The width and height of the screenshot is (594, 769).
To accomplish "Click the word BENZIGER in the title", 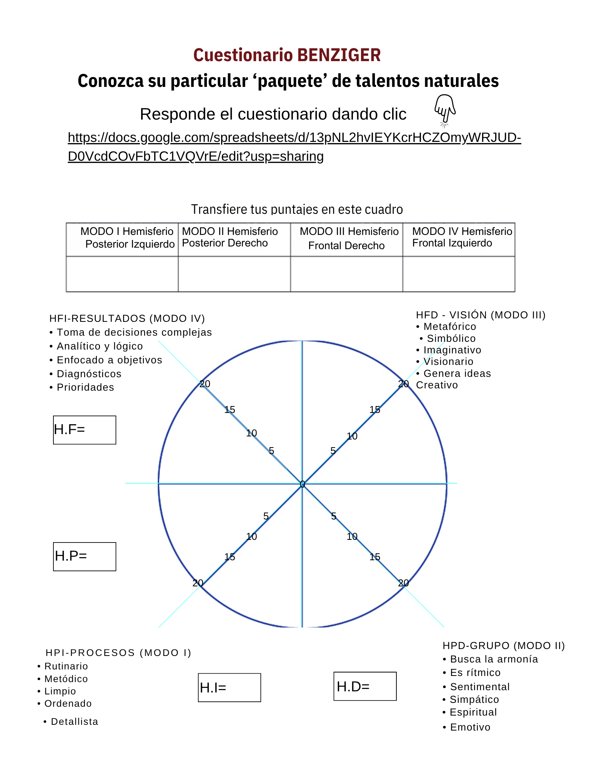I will [x=339, y=55].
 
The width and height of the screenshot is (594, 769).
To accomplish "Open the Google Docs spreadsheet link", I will [x=294, y=138].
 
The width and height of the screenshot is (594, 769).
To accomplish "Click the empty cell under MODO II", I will [x=234, y=274].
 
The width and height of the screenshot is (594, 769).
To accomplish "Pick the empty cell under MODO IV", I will [x=459, y=274].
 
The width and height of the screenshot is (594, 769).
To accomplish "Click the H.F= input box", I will [x=85, y=430].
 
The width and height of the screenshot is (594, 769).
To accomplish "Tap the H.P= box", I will [x=85, y=556].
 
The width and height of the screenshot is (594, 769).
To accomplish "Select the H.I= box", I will [x=230, y=687].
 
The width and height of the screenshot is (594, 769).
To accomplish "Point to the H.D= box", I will [x=365, y=686].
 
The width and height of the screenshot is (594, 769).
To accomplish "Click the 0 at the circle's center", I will [x=303, y=484].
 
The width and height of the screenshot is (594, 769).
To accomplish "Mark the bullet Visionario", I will [x=448, y=362].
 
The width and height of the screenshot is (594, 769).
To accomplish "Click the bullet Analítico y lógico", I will [x=100, y=346].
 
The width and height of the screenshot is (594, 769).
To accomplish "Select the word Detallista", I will [x=75, y=722].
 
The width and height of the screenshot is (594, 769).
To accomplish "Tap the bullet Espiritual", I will [x=473, y=712].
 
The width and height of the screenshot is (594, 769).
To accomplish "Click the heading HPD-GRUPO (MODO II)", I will [x=504, y=646].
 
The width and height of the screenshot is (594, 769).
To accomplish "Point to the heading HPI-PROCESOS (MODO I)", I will [x=118, y=653].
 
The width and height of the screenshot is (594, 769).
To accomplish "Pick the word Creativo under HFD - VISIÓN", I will [x=437, y=385].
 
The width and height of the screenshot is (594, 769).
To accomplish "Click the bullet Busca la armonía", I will [x=494, y=659].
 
